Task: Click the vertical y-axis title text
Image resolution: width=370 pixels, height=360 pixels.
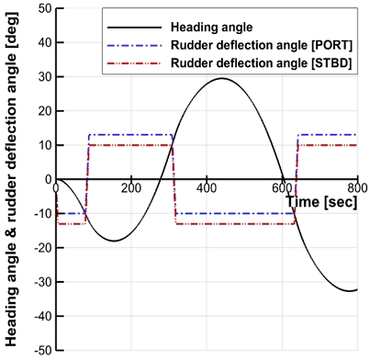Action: tap(13, 180)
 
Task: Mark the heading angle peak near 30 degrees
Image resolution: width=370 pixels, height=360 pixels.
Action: tap(221, 78)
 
